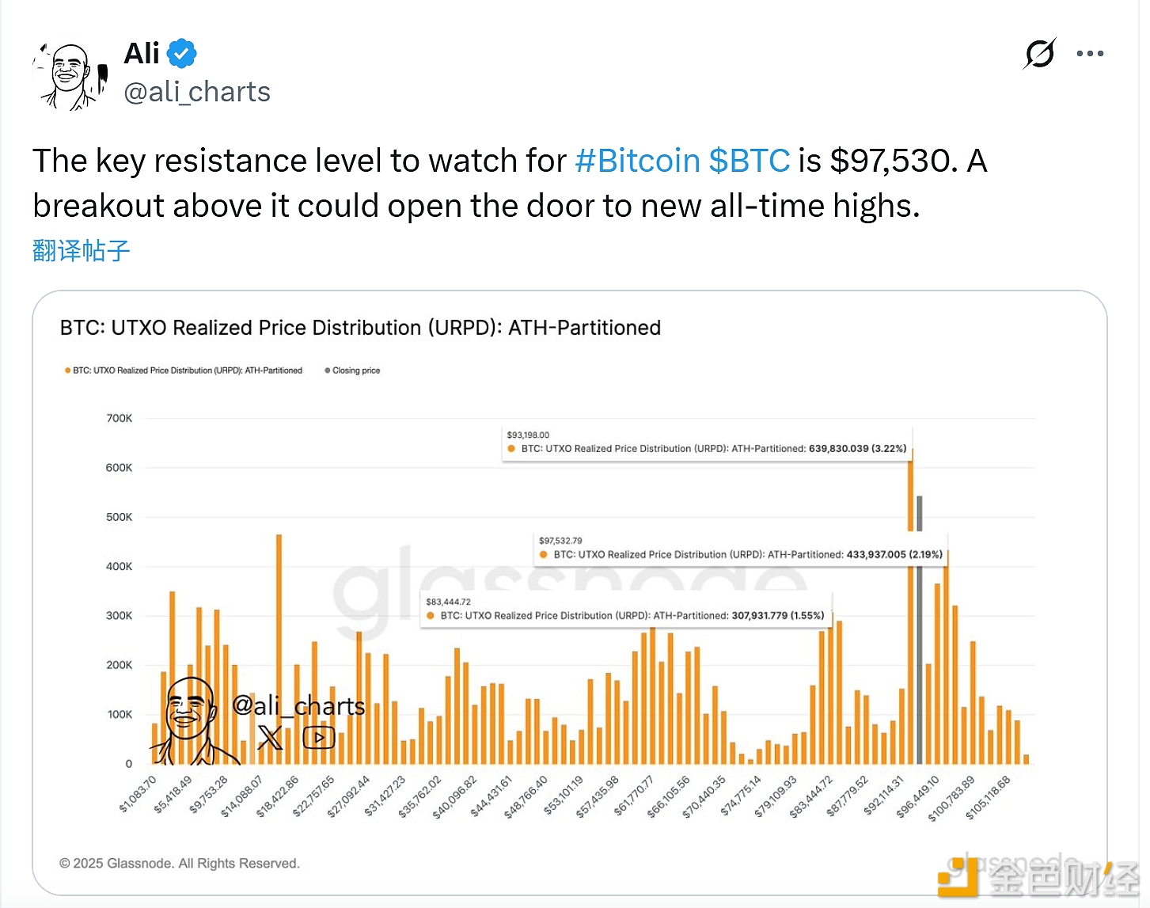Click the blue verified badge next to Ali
point(182,54)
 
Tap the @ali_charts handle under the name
point(197,92)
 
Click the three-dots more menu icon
point(1090,54)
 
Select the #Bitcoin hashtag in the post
point(637,161)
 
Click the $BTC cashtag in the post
point(749,161)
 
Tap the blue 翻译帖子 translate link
point(81,251)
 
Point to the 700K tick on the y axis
point(120,418)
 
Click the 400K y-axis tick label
point(120,566)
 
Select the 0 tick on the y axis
point(128,764)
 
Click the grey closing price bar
point(919,633)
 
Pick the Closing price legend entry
point(355,370)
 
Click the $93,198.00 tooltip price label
point(528,435)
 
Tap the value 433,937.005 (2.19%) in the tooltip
point(894,554)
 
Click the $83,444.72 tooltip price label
point(448,602)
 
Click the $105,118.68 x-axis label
point(988,797)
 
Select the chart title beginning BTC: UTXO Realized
point(360,328)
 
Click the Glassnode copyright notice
point(180,863)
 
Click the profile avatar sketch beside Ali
point(70,76)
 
